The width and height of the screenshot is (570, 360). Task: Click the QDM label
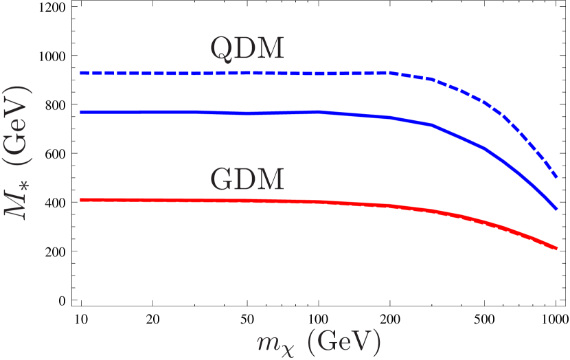[247, 49]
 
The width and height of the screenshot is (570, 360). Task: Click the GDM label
[247, 179]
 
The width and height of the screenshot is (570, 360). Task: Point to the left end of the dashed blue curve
[81, 72]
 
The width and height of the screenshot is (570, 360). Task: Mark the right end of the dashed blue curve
[556, 178]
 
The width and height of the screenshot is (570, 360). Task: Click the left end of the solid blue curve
[81, 111]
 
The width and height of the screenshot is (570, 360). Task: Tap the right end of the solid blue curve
[556, 208]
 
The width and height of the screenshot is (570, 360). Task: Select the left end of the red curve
[81, 200]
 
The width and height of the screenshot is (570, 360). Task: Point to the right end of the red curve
[556, 248]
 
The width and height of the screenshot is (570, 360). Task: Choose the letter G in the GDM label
[222, 179]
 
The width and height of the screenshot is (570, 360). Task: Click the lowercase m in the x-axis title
[264, 341]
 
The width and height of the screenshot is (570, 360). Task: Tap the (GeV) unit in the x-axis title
[343, 341]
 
